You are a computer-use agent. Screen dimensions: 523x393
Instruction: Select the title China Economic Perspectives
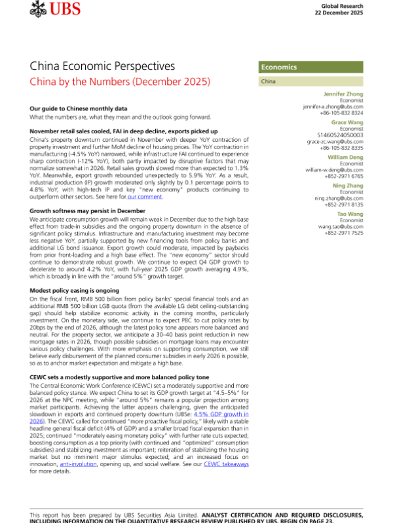102,67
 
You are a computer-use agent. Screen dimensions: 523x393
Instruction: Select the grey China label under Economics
268,82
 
